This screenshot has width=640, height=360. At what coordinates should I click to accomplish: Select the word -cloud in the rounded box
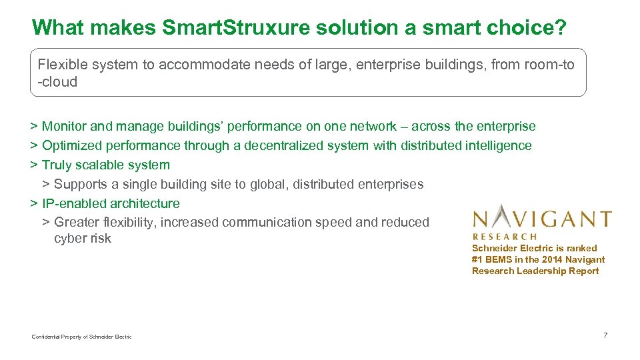(x=58, y=82)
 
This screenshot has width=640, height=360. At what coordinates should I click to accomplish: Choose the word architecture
(x=145, y=203)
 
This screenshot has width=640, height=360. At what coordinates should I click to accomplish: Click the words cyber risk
(x=83, y=239)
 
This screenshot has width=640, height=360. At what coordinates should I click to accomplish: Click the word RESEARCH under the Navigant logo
(x=505, y=236)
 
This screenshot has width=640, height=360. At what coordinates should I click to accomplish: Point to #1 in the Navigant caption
(x=477, y=259)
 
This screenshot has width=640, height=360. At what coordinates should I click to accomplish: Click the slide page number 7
(x=605, y=335)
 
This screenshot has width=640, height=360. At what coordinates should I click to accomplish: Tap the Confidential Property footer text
(x=82, y=337)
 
